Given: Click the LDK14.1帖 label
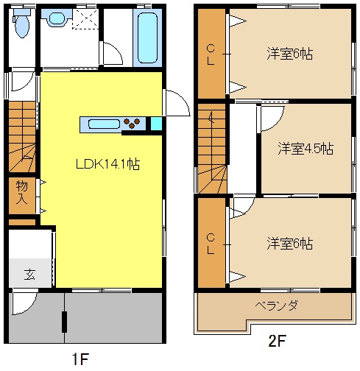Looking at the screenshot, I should pos(109,164).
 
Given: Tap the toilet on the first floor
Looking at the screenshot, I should pos(21,25).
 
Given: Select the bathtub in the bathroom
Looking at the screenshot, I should pos(148,38).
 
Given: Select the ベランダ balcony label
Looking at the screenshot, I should pos(276,305).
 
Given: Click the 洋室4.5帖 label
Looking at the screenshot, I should pos(305,148).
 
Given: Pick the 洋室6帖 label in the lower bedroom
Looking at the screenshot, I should pos(289,243).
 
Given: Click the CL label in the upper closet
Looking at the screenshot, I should pos(211,54).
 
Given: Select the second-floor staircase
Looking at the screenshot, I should pos(211,147).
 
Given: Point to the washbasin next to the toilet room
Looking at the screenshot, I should pos(55,21).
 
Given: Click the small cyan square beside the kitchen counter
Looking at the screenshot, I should pos(156,124).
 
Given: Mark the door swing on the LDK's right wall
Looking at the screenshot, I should pos(173,103).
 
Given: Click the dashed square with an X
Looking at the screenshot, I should pos(86,20).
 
